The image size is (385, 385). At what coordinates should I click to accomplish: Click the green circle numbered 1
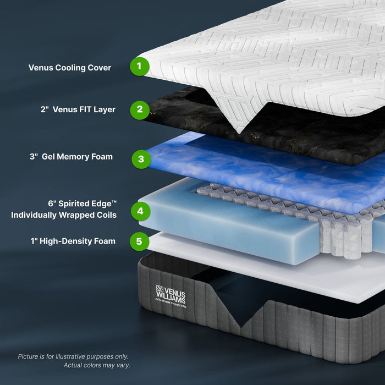pyautogui.click(x=140, y=67)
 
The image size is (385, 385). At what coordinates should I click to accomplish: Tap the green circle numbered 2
pyautogui.click(x=140, y=109)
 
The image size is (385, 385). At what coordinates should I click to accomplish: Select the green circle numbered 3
pyautogui.click(x=141, y=159)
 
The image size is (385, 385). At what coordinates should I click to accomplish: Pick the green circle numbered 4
pyautogui.click(x=140, y=211)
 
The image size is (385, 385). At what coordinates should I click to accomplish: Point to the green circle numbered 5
pyautogui.click(x=140, y=241)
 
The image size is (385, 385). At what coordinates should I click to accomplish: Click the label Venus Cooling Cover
pyautogui.click(x=70, y=68)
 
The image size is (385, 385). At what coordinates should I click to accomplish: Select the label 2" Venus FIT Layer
pyautogui.click(x=78, y=109)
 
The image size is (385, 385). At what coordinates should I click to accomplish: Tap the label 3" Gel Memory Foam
pyautogui.click(x=71, y=157)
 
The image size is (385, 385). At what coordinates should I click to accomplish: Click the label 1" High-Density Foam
pyautogui.click(x=73, y=241)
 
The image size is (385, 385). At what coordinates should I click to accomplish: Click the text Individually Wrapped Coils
pyautogui.click(x=64, y=215)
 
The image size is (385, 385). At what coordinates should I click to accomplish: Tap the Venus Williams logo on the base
pyautogui.click(x=170, y=295)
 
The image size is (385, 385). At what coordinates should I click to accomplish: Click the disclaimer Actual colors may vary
pyautogui.click(x=97, y=365)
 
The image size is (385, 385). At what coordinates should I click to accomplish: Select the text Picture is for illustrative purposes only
pyautogui.click(x=73, y=356)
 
